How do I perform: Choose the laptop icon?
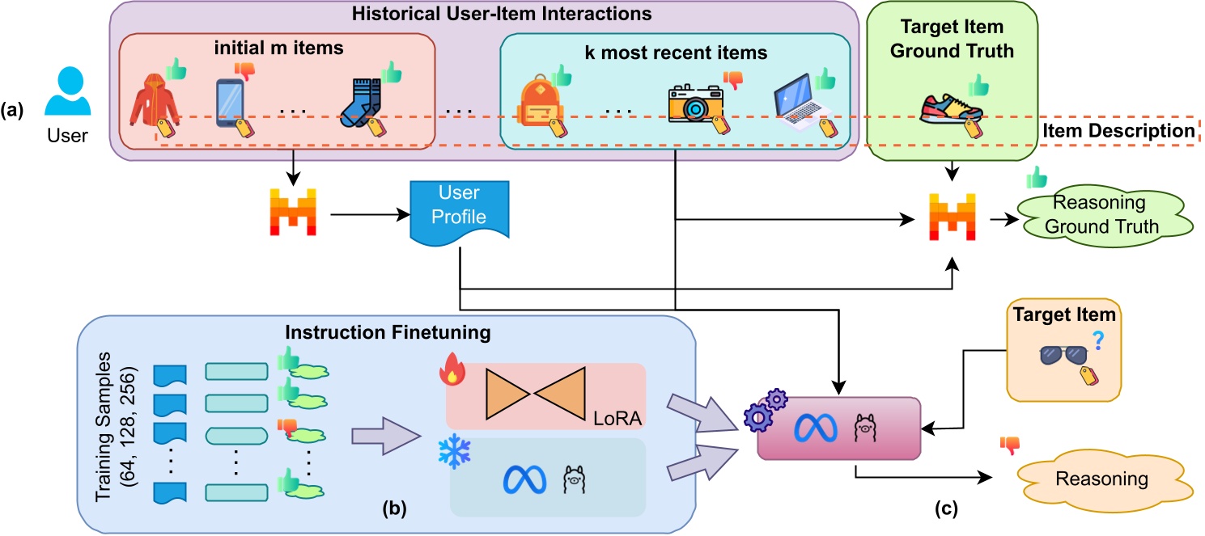[x=798, y=103]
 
